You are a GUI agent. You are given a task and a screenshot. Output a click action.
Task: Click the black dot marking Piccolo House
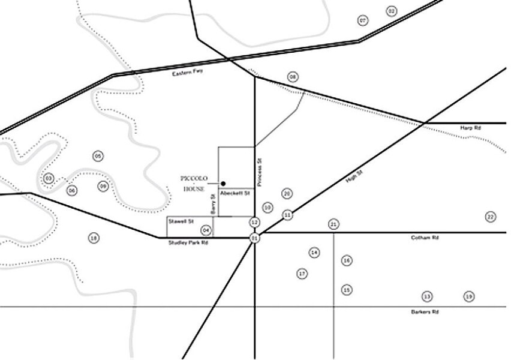[223, 183]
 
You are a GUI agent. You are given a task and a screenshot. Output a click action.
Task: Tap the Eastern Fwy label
[188, 72]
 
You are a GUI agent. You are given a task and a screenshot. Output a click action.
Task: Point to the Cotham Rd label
[425, 238]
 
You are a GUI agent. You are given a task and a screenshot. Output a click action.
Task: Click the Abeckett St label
[235, 193]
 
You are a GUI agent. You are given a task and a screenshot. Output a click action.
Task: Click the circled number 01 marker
[255, 238]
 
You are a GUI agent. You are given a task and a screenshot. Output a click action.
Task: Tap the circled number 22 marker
[491, 217]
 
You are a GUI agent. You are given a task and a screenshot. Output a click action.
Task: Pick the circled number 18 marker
[93, 238]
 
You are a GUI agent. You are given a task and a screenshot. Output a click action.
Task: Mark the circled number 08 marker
[293, 77]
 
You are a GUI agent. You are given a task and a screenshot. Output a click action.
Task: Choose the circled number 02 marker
[392, 11]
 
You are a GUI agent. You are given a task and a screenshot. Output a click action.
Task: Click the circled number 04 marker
[206, 230]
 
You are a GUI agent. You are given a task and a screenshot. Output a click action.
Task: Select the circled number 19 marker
[469, 296]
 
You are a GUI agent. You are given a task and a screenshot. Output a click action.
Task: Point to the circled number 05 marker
[98, 156]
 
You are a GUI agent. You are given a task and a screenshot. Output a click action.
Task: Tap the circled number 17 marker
[302, 274]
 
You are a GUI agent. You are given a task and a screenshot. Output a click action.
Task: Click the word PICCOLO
[194, 178]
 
